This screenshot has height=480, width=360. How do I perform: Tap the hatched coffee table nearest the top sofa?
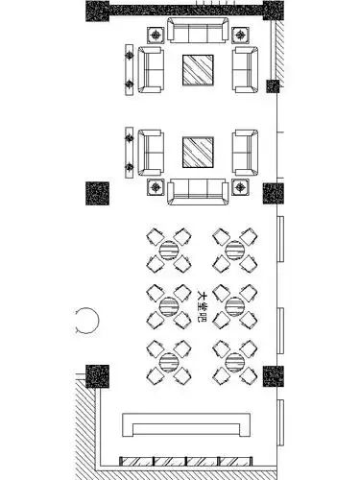pos(199,70)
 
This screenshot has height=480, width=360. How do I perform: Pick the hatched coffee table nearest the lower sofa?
pos(199,152)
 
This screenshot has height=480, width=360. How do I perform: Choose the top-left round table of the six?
pos(167,250)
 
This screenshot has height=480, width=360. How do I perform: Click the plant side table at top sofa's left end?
pos(156,36)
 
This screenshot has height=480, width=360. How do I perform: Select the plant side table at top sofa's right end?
pos(241,36)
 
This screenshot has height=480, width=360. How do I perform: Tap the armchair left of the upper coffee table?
pos(151,70)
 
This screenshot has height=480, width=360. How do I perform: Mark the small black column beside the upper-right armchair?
pos(273,86)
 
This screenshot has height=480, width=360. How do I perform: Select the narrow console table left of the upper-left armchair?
pos(129,69)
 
